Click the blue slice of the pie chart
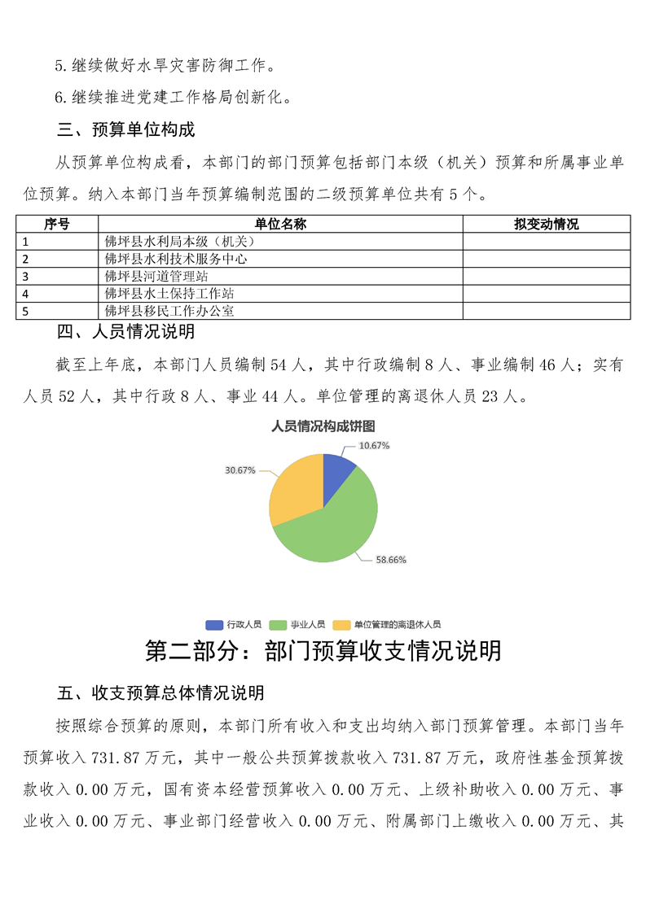pyautogui.click(x=336, y=471)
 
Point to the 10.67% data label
pyautogui.click(x=375, y=445)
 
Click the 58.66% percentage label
pyautogui.click(x=391, y=560)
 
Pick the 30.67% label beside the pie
pyautogui.click(x=240, y=470)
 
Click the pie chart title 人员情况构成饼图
pyautogui.click(x=323, y=426)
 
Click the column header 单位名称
pyautogui.click(x=280, y=224)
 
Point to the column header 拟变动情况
pyautogui.click(x=546, y=224)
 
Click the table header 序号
pyautogui.click(x=56, y=224)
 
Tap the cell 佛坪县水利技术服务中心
pyautogui.click(x=176, y=259)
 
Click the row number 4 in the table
pyautogui.click(x=26, y=294)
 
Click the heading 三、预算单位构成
pyautogui.click(x=125, y=130)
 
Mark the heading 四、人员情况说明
pyautogui.click(x=125, y=331)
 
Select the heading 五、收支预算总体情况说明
pyautogui.click(x=160, y=693)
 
